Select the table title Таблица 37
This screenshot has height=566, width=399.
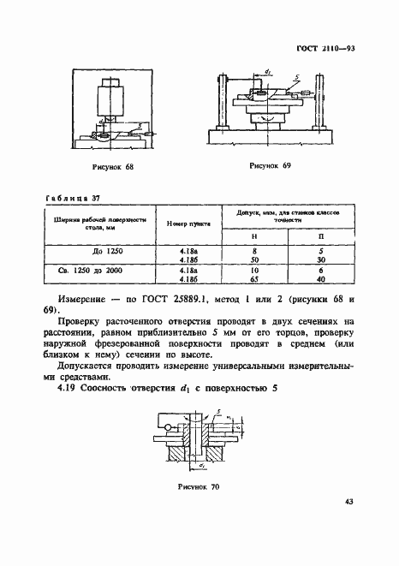61,197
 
